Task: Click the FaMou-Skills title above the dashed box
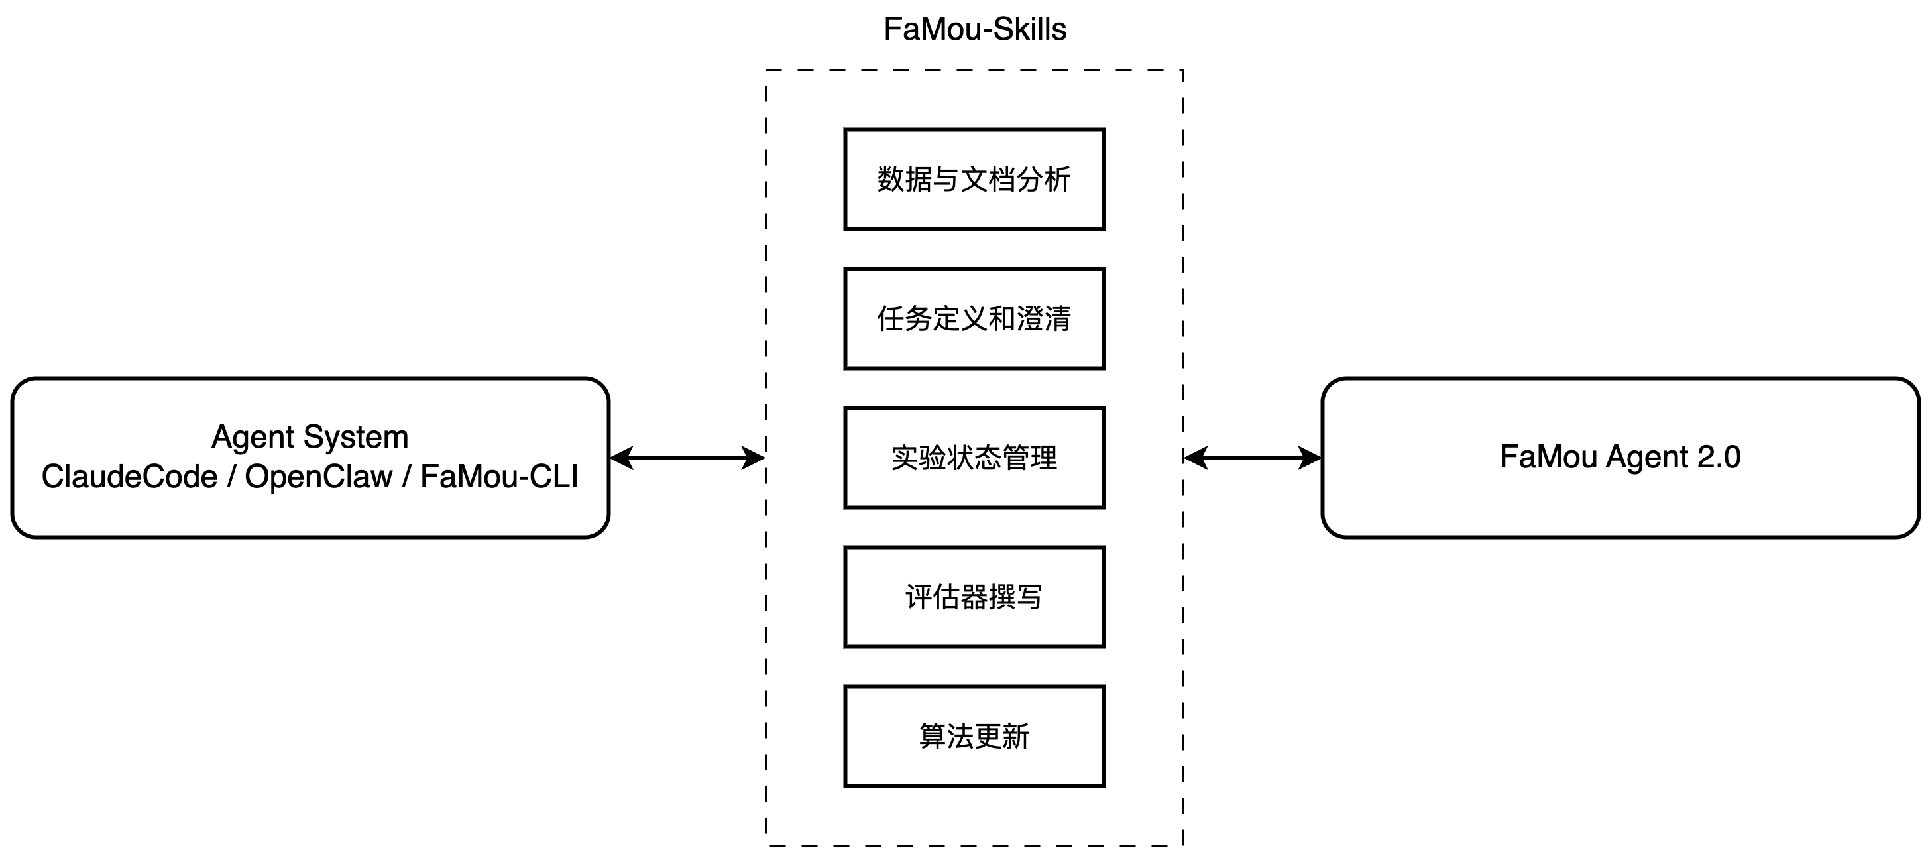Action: point(974,30)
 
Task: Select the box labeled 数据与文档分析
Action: point(974,179)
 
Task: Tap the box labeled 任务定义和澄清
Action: point(974,319)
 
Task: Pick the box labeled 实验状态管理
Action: point(974,458)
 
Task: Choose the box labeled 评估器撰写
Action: point(974,597)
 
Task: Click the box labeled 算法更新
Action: point(974,737)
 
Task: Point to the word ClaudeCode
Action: point(129,477)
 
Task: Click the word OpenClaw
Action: point(319,477)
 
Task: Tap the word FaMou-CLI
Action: point(500,477)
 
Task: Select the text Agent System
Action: point(310,437)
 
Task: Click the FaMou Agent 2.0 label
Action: point(1620,457)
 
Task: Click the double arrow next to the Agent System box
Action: point(687,458)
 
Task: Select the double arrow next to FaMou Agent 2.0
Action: point(1253,458)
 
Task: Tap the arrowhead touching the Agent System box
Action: point(621,458)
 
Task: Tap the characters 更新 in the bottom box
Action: point(1002,737)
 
